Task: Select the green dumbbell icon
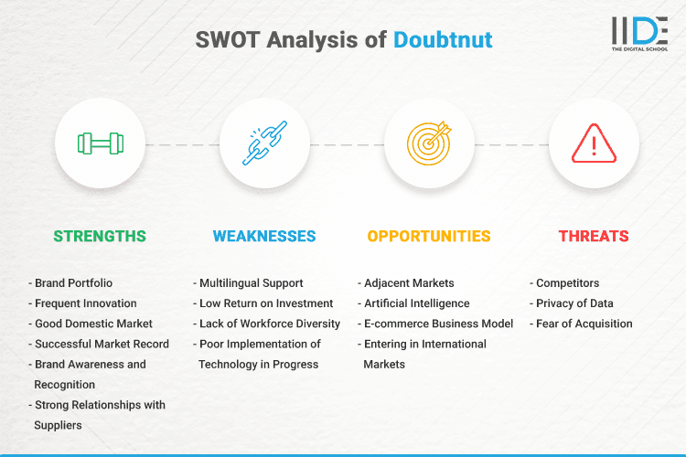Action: [x=100, y=143]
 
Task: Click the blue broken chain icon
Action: [x=264, y=143]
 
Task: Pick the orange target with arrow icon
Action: [x=429, y=143]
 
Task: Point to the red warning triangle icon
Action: [x=594, y=143]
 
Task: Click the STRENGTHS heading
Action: [x=100, y=236]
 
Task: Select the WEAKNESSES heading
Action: [x=264, y=236]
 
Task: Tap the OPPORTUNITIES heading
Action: [x=429, y=236]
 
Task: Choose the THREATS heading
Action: [x=594, y=236]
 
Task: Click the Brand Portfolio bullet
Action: [x=74, y=283]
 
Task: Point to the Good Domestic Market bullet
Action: [x=93, y=324]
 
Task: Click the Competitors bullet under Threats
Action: [x=566, y=283]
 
